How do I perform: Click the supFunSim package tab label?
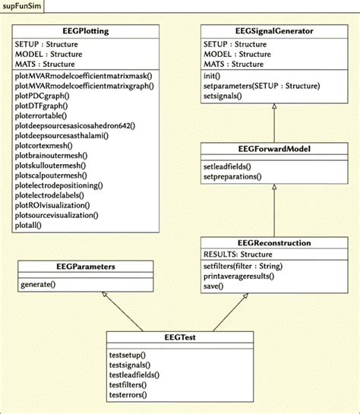coord(21,7)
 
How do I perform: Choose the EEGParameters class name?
coord(85,267)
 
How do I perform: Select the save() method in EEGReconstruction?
coord(213,287)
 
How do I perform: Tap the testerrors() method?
coord(128,395)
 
